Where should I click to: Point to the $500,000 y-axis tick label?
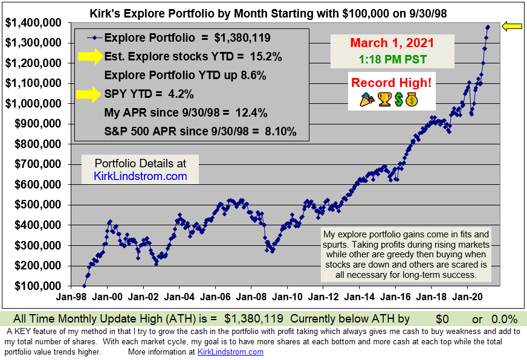(34, 205)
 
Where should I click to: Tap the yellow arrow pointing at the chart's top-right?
(513, 26)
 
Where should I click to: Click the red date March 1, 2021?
(392, 43)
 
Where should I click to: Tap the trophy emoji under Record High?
(384, 100)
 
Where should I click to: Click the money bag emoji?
(411, 100)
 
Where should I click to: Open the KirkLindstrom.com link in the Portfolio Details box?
(140, 176)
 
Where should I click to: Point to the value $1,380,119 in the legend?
(242, 38)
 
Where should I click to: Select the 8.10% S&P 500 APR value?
(281, 132)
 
